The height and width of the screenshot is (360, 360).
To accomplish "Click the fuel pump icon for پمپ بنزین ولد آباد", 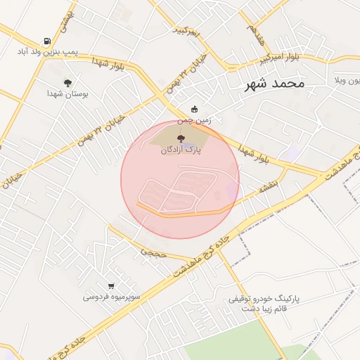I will tap(46, 41).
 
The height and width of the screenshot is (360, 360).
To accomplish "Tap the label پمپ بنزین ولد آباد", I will tap(47, 52).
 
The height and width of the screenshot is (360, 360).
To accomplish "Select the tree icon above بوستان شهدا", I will tap(67, 83).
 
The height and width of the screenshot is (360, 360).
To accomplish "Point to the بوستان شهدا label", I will tap(67, 94).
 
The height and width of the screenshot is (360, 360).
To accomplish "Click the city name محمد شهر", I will tap(274, 84).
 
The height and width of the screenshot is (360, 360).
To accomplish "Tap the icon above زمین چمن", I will tap(194, 109).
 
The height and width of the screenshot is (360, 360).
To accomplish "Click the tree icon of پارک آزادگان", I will tap(181, 139).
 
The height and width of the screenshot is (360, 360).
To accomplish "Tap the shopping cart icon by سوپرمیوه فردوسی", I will tap(111, 285).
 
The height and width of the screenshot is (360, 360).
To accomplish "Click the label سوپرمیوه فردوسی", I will tap(112, 297).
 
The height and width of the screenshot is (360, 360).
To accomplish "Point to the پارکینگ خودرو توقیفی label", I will tap(264, 298).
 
